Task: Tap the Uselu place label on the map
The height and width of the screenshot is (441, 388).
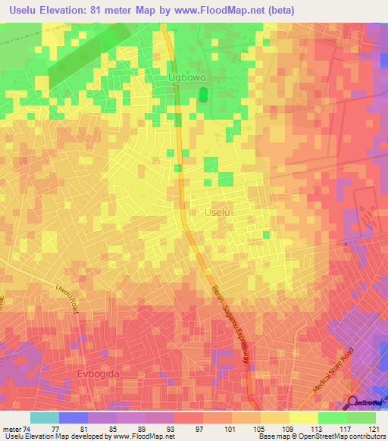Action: pos(219,214)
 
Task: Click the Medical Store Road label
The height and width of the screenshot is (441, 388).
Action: pos(333,371)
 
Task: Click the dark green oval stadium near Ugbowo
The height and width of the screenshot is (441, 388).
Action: pos(203,95)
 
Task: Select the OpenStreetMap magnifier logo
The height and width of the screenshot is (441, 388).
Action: pos(353,402)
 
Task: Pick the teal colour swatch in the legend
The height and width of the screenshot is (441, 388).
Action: pos(45,418)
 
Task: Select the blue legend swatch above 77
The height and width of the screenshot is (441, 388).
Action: pos(74,418)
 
